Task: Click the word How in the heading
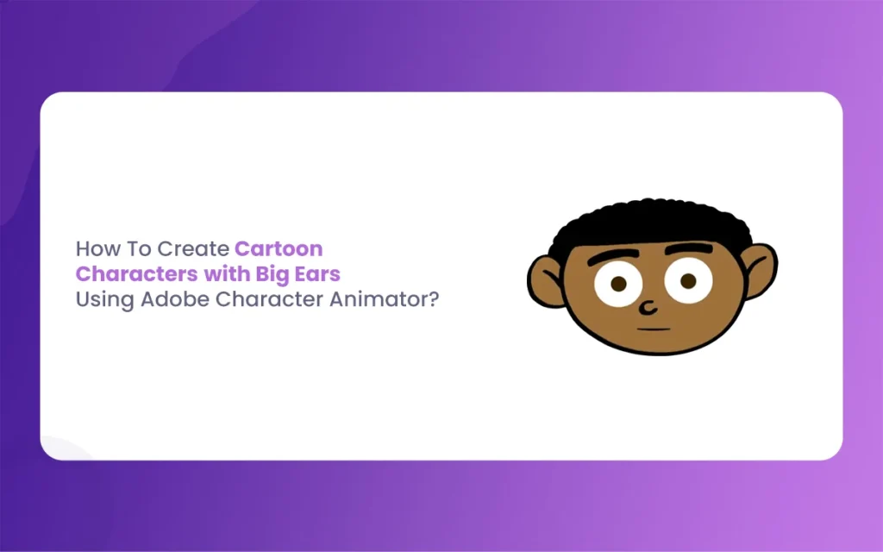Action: tap(93, 248)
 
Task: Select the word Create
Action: tap(193, 248)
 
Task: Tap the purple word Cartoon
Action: tap(279, 248)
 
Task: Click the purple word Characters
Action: tap(137, 273)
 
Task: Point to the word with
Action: tap(227, 273)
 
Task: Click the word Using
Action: tap(105, 299)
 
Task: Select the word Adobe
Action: tap(175, 299)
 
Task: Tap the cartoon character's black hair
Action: tap(651, 223)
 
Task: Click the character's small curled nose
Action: tap(648, 308)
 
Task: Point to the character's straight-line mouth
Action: tap(654, 329)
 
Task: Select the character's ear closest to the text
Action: tap(544, 282)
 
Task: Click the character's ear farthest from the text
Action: tap(761, 270)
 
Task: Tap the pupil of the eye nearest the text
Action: tap(618, 283)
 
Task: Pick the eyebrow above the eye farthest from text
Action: tap(689, 248)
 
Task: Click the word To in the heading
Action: tap(135, 248)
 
